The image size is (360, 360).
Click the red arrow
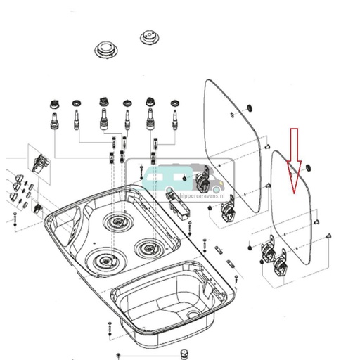(x=295, y=162)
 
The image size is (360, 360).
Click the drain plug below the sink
(x=185, y=351)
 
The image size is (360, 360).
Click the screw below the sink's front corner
(x=110, y=328)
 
